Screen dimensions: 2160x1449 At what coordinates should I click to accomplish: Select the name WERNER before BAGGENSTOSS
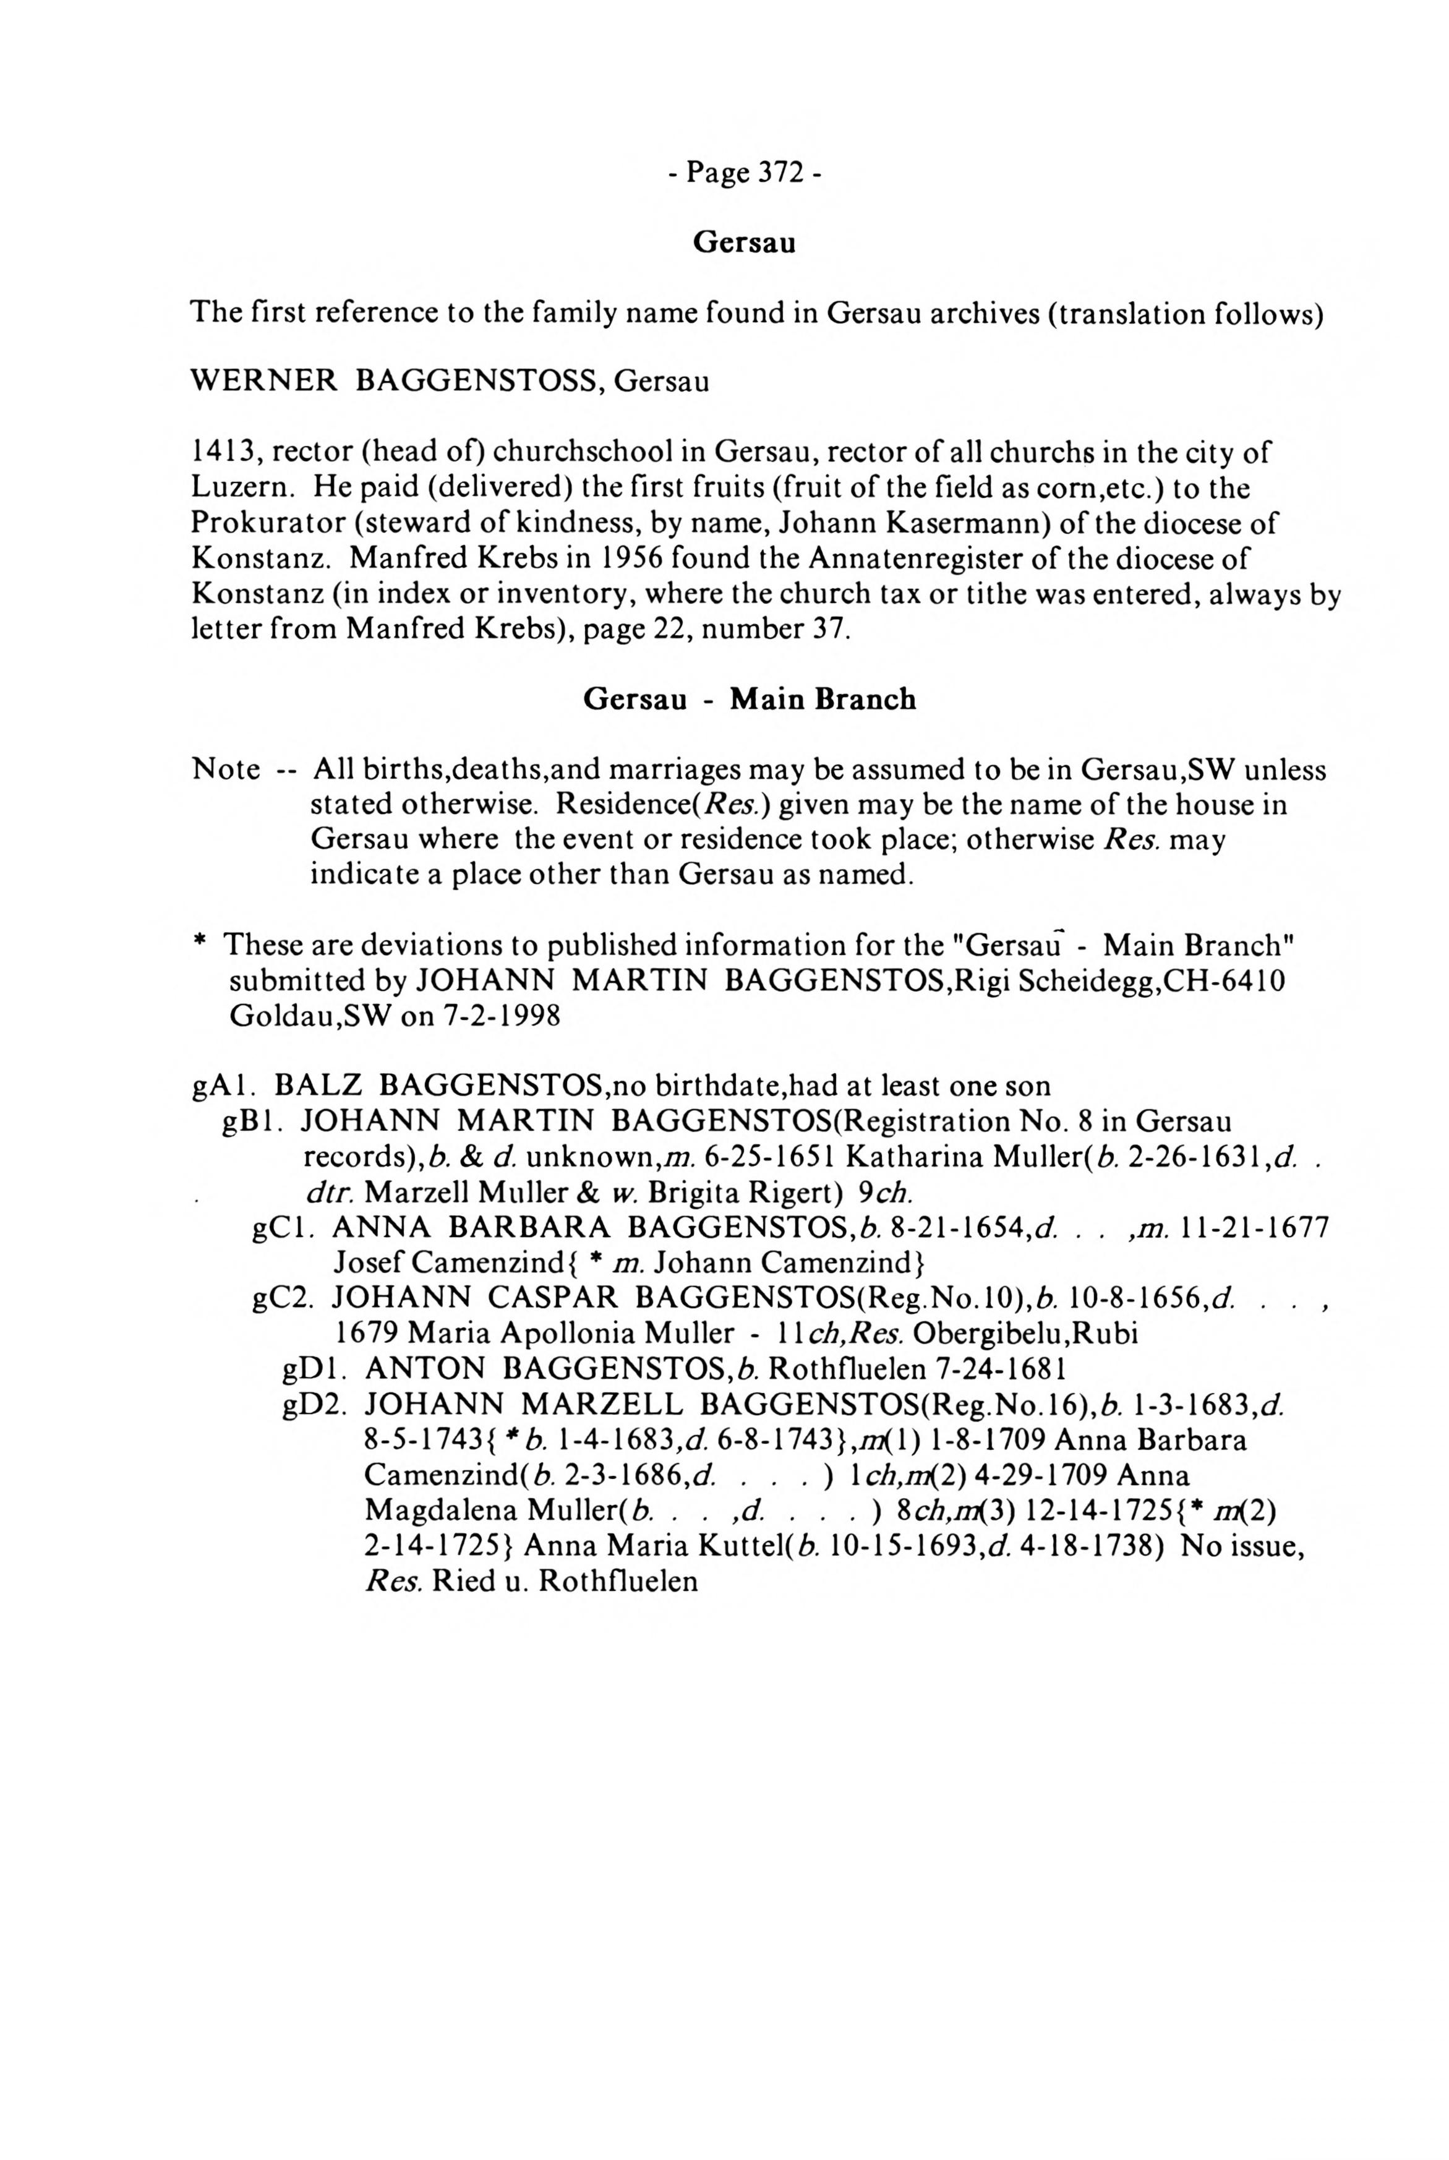pyautogui.click(x=264, y=381)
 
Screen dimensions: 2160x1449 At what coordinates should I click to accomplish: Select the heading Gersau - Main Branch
pyautogui.click(x=748, y=699)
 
